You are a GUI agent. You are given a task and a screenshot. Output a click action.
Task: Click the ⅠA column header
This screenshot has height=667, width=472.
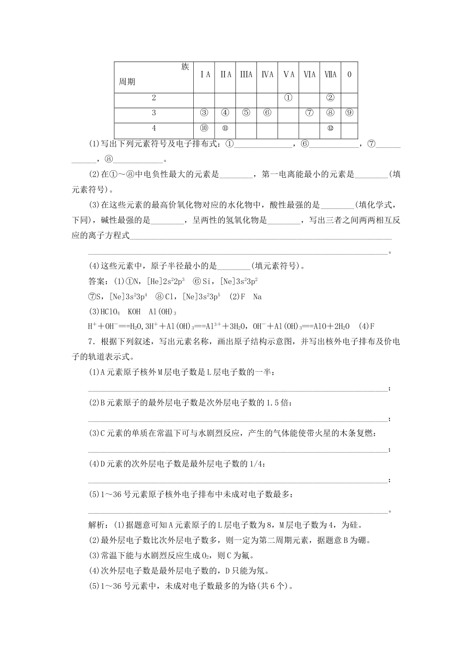pos(205,74)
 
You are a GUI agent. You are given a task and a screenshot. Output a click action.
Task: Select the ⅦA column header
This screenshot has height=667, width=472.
pos(330,74)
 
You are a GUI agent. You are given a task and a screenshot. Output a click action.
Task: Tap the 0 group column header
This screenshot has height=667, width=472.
pos(349,74)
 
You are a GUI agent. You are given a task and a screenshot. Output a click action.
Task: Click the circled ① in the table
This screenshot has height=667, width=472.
pos(288,98)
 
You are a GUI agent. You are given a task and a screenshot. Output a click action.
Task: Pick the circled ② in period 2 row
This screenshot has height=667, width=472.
pos(330,98)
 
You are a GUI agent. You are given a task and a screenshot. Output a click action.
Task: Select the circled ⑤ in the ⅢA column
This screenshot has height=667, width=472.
pos(246,113)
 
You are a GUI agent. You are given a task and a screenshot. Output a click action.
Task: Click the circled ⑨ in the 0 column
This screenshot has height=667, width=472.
pos(349,113)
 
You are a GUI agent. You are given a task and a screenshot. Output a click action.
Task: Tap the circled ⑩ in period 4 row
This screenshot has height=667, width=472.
pos(204,128)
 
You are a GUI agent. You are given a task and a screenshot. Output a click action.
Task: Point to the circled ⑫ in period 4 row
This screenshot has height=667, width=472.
pos(330,128)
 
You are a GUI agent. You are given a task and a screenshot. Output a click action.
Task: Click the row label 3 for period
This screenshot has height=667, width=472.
pos(154,113)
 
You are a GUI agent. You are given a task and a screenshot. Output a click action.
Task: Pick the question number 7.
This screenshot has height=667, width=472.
pos(90,341)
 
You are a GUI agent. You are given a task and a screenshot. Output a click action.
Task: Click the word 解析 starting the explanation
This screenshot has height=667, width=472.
pos(96,525)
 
